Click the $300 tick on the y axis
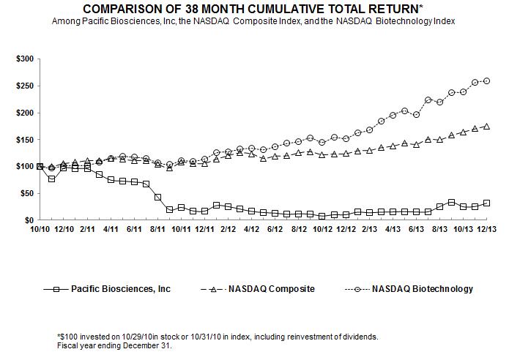(23, 58)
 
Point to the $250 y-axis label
(23, 86)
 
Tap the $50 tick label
(26, 193)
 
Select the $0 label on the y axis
(28, 220)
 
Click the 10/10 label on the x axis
(39, 229)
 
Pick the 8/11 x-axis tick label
(157, 229)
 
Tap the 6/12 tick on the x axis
(275, 229)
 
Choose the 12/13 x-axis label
(487, 229)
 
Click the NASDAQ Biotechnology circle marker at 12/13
(487, 80)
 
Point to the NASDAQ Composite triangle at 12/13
(487, 127)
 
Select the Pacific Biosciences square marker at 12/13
(487, 203)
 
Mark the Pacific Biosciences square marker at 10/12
(322, 216)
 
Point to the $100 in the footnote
(69, 336)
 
